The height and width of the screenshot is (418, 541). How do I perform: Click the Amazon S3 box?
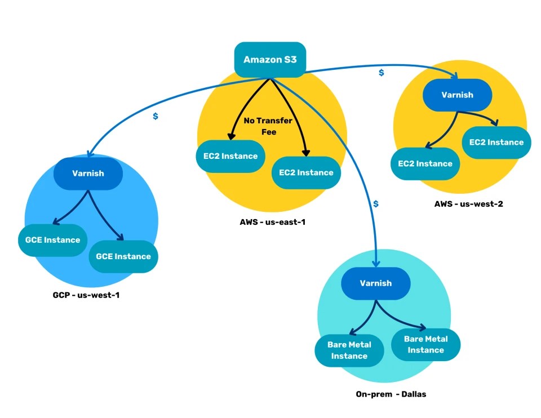tap(270, 59)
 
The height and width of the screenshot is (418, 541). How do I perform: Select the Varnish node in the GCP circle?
tap(88, 173)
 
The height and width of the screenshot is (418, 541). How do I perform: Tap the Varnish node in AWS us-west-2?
tap(457, 95)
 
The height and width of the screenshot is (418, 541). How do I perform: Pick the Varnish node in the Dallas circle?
tap(375, 283)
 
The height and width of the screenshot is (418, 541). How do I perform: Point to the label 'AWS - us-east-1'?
tap(272, 221)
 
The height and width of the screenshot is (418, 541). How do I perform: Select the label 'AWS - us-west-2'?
tap(468, 203)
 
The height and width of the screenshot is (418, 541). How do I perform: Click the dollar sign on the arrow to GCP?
tap(156, 117)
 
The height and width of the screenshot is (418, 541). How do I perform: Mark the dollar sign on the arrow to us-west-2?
tap(382, 73)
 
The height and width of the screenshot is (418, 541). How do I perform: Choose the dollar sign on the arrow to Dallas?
tap(375, 203)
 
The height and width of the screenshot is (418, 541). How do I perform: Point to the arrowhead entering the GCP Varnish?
tap(88, 153)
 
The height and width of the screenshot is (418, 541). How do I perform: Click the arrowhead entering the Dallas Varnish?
tap(375, 263)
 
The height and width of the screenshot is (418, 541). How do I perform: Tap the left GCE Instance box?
tap(52, 239)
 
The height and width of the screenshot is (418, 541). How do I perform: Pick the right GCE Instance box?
tap(123, 256)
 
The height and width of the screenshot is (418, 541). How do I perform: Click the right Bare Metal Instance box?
tap(425, 344)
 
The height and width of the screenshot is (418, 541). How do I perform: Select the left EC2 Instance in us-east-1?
tap(230, 156)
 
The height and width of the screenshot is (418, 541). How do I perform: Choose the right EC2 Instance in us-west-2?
tap(496, 142)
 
